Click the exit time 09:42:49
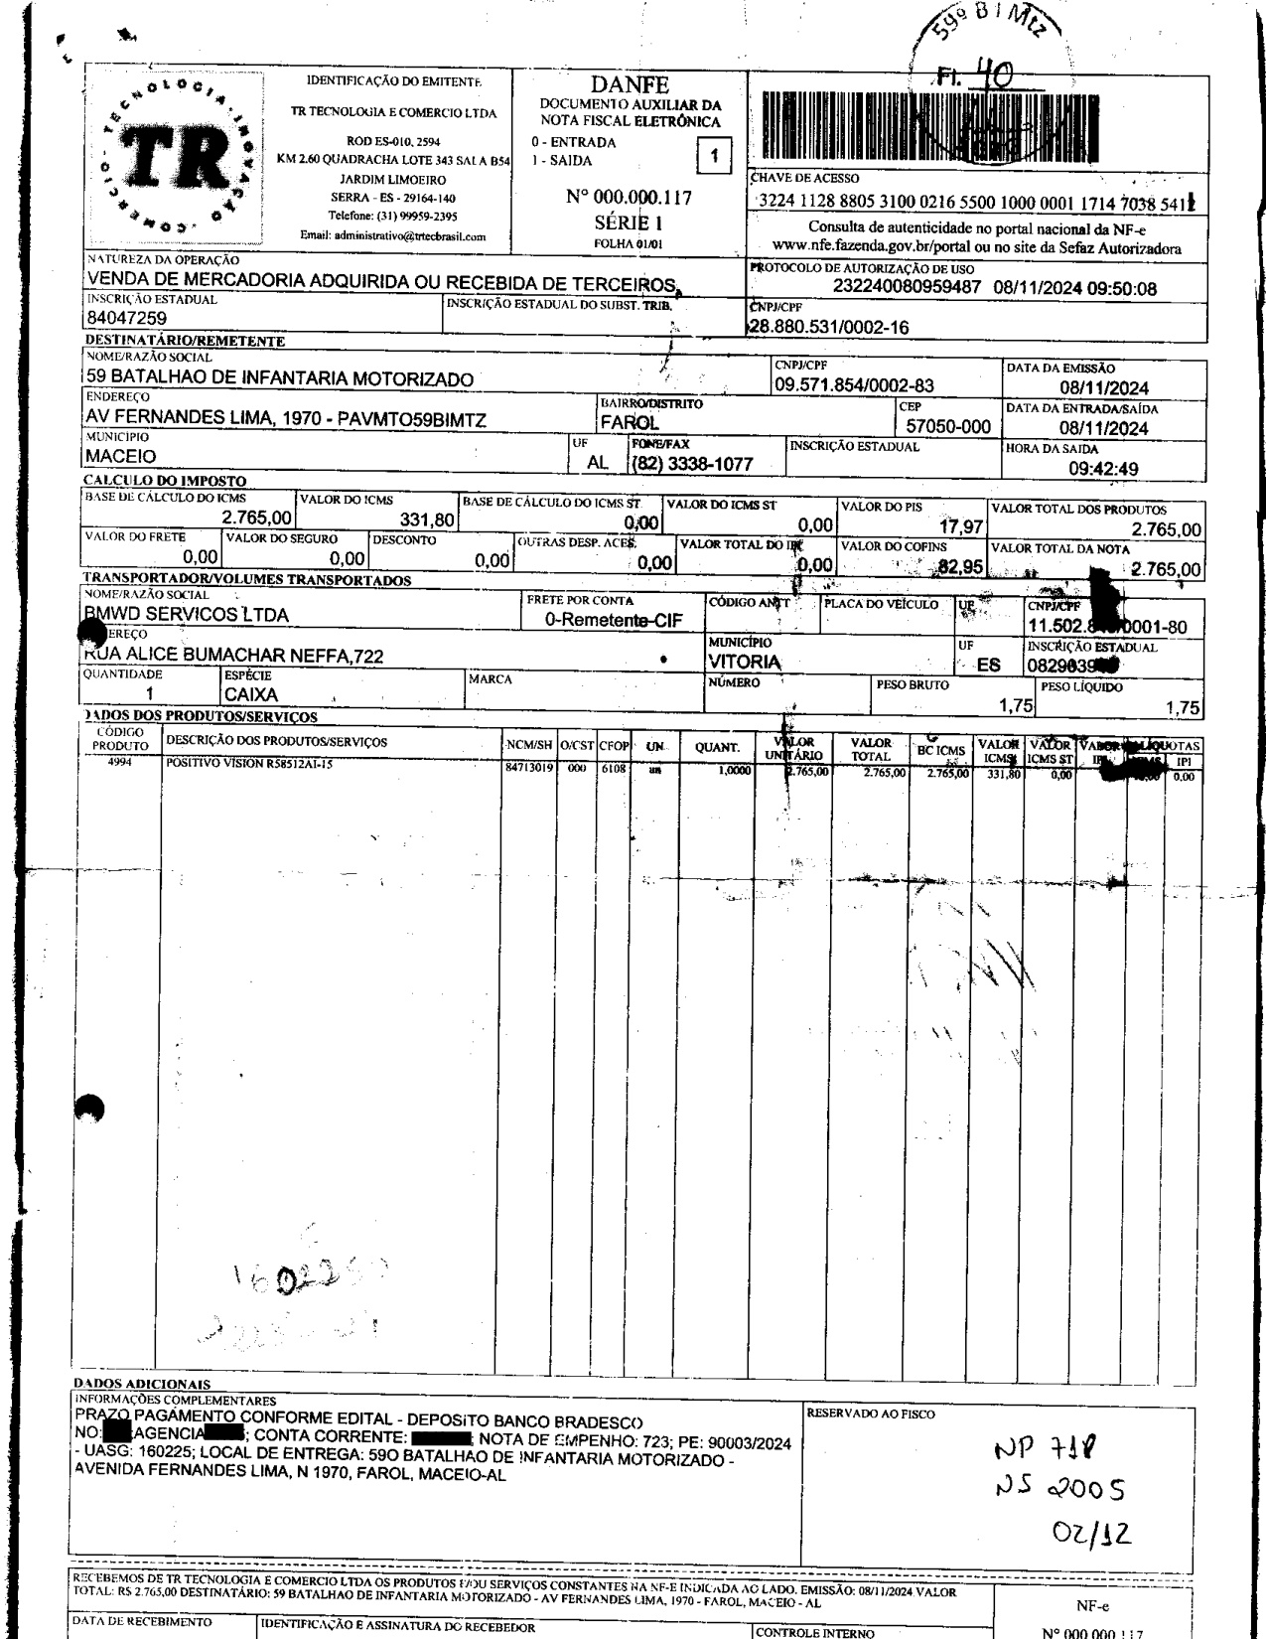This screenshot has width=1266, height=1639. [x=1102, y=469]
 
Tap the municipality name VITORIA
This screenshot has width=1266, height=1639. [x=744, y=662]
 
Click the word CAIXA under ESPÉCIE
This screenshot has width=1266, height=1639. [x=251, y=695]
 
